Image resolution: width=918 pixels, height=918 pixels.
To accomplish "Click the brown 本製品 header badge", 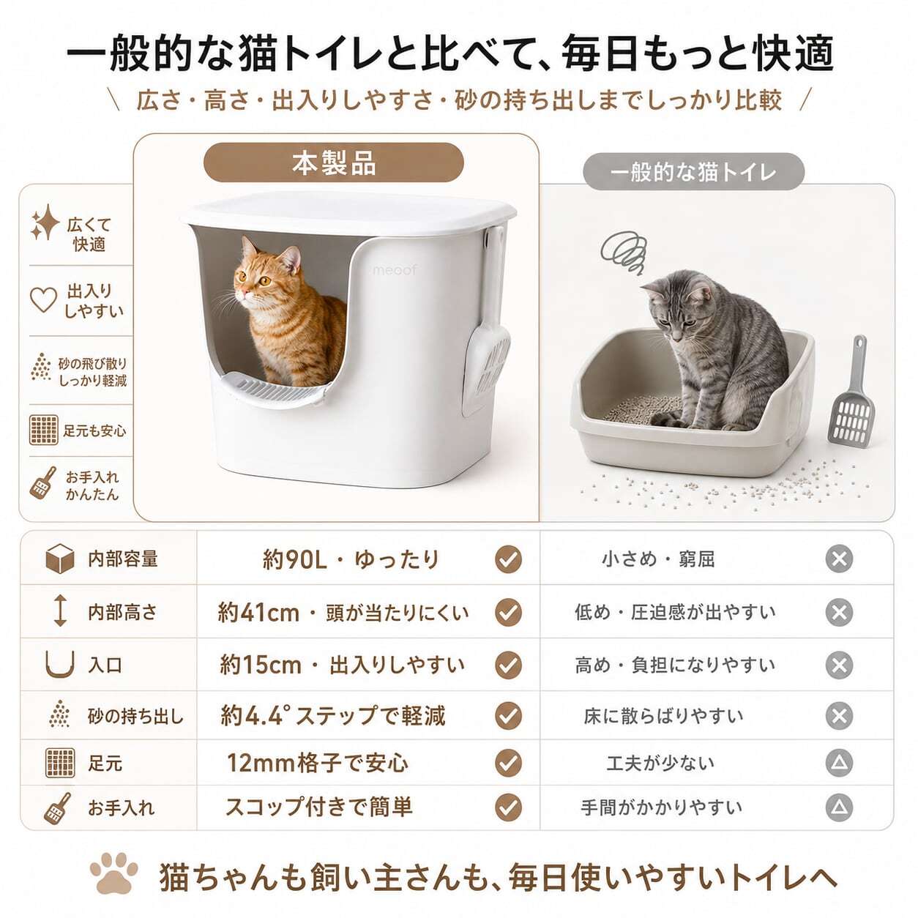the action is coord(334,163).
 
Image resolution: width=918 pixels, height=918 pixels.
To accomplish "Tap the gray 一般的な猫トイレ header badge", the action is coord(693,172).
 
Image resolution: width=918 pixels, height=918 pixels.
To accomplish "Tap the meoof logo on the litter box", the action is coord(395,269).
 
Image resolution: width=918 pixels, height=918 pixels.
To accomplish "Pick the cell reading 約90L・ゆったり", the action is coord(350,559).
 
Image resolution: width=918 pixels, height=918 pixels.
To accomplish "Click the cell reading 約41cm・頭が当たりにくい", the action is coord(343,613).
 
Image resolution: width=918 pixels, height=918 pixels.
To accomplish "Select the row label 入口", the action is coord(105,665).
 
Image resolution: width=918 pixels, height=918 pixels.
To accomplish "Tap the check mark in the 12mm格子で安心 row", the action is coord(508,764).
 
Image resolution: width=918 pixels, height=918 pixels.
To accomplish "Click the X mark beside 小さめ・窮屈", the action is coord(839,559).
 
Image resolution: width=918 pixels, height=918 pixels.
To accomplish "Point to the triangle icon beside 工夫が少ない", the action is coord(839,764).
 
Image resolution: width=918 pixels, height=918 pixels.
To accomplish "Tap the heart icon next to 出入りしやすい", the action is coord(43,299).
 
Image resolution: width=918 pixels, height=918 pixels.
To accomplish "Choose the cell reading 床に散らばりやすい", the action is coord(663,716).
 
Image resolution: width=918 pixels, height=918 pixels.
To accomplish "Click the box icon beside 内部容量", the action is coord(59,559).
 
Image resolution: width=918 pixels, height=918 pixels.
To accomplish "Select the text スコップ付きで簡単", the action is coord(318,807).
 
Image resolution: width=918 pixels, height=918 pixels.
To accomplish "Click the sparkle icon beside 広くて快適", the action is coord(45,223).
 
